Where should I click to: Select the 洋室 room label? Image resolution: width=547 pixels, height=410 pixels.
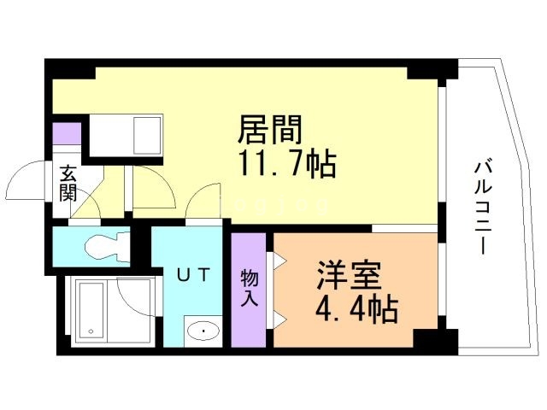click(x=347, y=278)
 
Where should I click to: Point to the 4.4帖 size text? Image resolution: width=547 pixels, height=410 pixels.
click(x=358, y=309)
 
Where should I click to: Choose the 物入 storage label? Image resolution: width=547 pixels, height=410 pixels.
click(x=249, y=289)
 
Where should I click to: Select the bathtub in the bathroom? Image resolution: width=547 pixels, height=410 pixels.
click(x=90, y=310)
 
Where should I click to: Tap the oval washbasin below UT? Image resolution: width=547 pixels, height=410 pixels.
click(x=203, y=330)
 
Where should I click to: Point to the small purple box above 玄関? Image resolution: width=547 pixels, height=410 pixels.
click(x=66, y=135)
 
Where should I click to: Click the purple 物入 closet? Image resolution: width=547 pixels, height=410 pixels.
click(x=249, y=290)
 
